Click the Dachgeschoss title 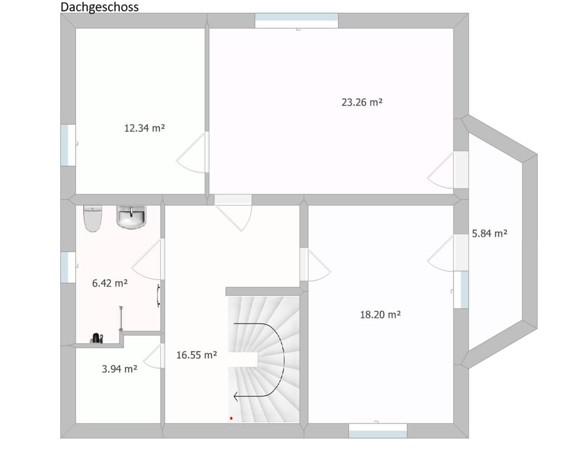click(x=99, y=7)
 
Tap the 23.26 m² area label click(x=361, y=102)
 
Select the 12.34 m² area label click(x=144, y=128)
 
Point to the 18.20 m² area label click(x=380, y=314)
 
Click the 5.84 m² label click(x=489, y=233)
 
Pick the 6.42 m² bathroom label click(x=110, y=283)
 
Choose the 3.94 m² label click(x=120, y=369)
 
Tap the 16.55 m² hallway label click(x=196, y=355)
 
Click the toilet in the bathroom click(x=93, y=219)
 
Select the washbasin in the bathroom click(x=131, y=217)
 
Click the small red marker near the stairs click(x=231, y=418)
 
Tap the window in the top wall click(x=297, y=21)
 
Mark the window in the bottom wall click(x=377, y=431)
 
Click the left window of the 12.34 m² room click(x=68, y=145)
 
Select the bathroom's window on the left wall click(x=68, y=267)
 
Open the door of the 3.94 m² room click(x=154, y=356)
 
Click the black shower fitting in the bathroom click(x=96, y=338)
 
